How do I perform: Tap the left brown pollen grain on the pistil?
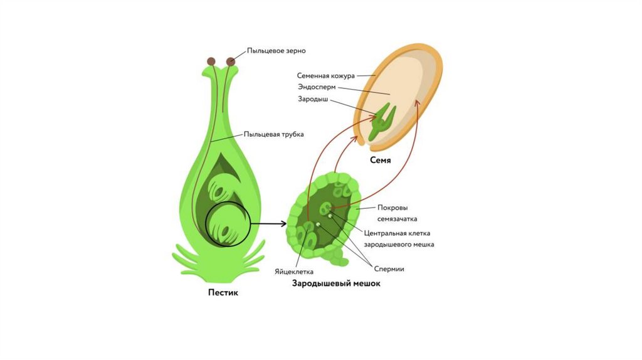[212, 61]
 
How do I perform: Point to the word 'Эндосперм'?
[317, 87]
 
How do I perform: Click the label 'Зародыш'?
[313, 99]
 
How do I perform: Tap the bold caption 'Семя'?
[381, 161]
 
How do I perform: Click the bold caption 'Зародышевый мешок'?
[336, 283]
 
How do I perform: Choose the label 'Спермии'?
[389, 269]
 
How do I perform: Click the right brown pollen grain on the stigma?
[231, 61]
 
